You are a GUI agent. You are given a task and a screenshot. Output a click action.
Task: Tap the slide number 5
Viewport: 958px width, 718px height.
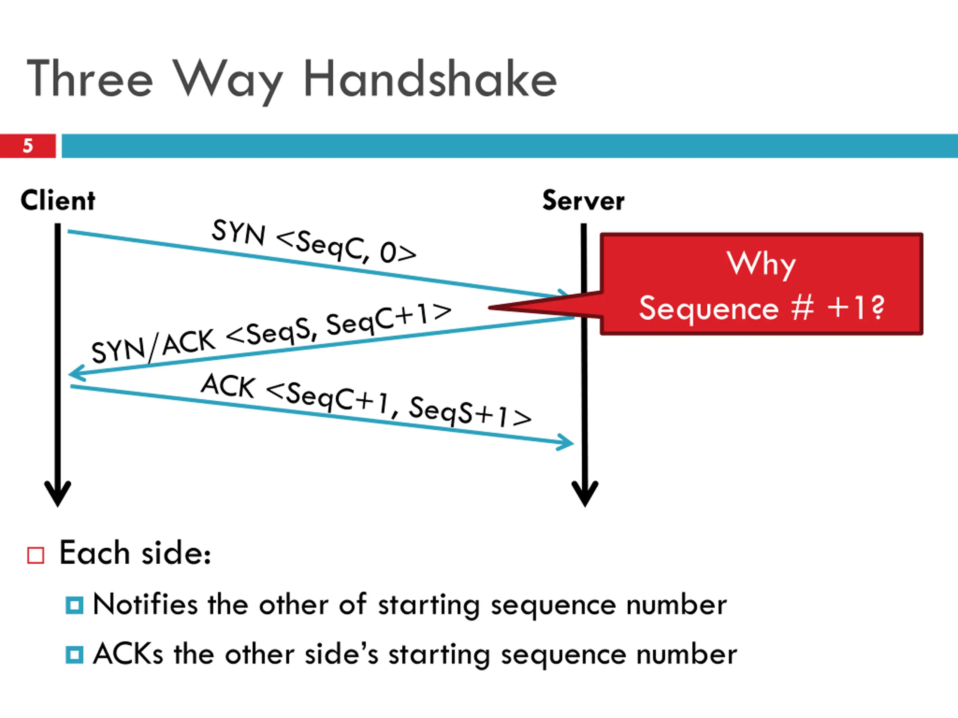pos(28,146)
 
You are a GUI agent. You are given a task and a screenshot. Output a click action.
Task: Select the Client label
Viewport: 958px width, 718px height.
pos(58,200)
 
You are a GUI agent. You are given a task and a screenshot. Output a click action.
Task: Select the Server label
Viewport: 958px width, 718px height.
pos(583,201)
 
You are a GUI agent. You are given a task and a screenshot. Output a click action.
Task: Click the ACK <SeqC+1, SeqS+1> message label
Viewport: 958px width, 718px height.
pos(366,401)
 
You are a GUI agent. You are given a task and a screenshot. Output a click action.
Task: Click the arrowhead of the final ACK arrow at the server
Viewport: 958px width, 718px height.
pos(565,442)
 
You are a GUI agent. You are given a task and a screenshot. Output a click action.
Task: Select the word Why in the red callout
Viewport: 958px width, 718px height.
pos(762,264)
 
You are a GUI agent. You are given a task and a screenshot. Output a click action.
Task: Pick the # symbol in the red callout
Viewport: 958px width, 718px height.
pos(803,308)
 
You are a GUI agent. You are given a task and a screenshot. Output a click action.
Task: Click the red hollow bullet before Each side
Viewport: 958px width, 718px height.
pos(36,555)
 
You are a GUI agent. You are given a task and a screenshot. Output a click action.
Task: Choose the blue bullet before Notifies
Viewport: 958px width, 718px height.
pos(74,605)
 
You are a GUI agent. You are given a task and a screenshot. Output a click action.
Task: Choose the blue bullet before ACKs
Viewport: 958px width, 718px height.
pos(74,655)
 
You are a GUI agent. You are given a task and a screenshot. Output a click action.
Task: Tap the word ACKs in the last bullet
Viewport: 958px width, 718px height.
pos(128,654)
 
